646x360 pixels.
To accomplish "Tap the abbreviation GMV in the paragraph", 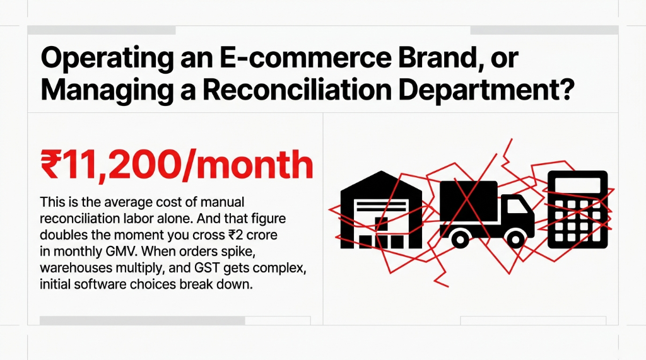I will (x=134, y=250).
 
